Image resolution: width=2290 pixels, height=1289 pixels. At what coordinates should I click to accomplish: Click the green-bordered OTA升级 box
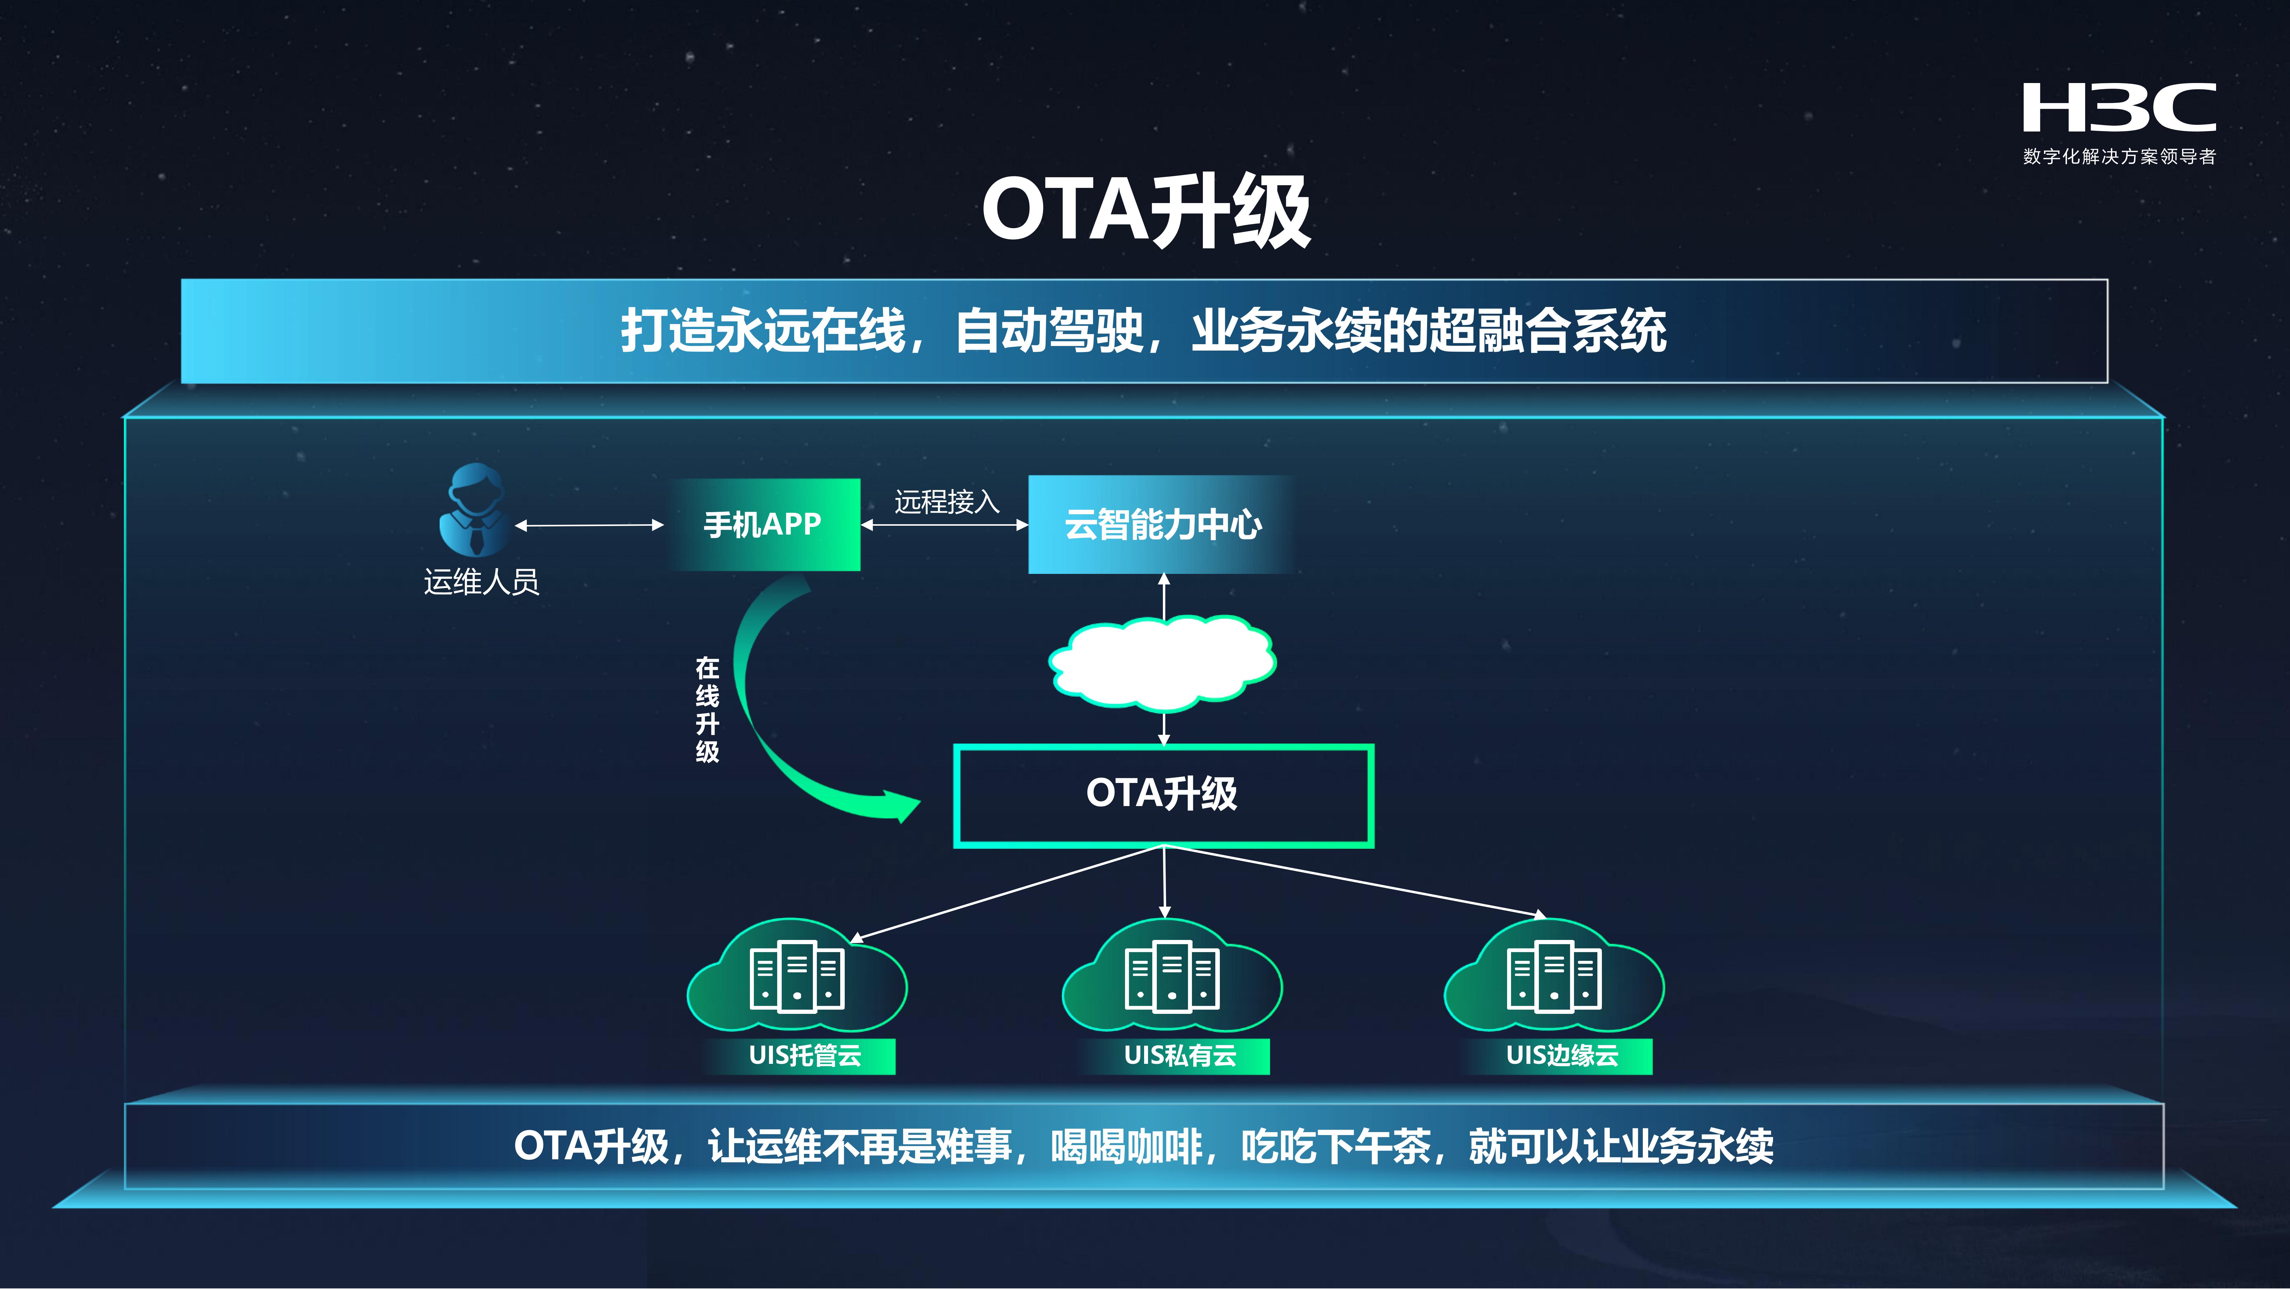(x=1164, y=796)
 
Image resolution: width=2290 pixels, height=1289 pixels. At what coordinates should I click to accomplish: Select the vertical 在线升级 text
(x=707, y=709)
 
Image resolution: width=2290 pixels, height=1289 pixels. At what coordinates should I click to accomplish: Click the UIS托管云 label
(x=804, y=1055)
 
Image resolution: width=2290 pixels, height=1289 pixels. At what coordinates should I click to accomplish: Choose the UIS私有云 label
(x=1180, y=1055)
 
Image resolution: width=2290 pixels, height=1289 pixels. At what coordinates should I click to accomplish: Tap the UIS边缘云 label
(x=1562, y=1055)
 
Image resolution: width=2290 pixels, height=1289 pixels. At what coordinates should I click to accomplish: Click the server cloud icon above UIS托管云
(x=797, y=975)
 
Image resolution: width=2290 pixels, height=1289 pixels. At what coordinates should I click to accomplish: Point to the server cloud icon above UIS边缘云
(x=1554, y=975)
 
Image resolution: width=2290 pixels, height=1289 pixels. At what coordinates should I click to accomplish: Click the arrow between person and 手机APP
(x=589, y=525)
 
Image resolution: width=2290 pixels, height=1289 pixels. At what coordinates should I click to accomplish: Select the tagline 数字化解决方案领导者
(x=2119, y=156)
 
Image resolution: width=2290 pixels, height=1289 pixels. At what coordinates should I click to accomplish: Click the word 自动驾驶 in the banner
(x=1049, y=331)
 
